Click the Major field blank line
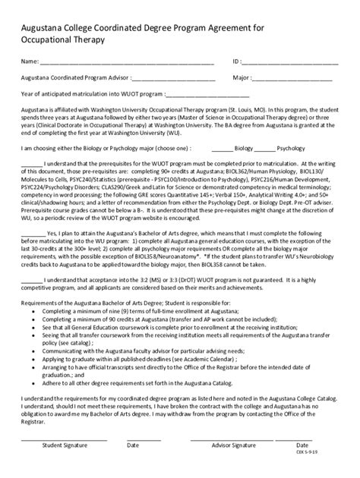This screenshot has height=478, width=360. pos(292,78)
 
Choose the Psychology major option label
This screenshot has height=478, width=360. pos(290,149)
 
